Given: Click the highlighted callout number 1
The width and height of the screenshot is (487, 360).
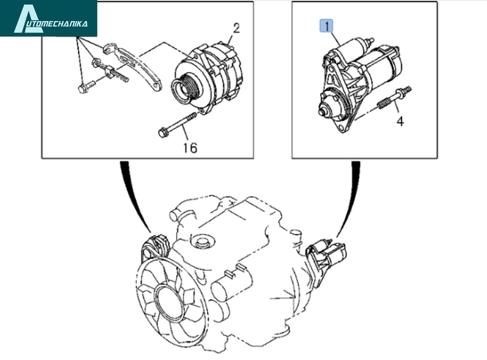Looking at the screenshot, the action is pyautogui.click(x=327, y=25).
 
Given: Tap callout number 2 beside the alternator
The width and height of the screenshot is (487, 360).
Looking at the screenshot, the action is pyautogui.click(x=237, y=28).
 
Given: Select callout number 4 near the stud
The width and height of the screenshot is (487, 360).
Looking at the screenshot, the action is pyautogui.click(x=401, y=121).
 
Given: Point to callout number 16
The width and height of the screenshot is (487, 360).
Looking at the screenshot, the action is pyautogui.click(x=190, y=148).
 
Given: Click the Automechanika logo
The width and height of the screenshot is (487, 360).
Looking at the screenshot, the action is pyautogui.click(x=49, y=18).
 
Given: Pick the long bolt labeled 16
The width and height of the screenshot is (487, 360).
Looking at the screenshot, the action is pyautogui.click(x=177, y=124).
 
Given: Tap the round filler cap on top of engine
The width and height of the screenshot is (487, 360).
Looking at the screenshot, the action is pyautogui.click(x=202, y=241).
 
